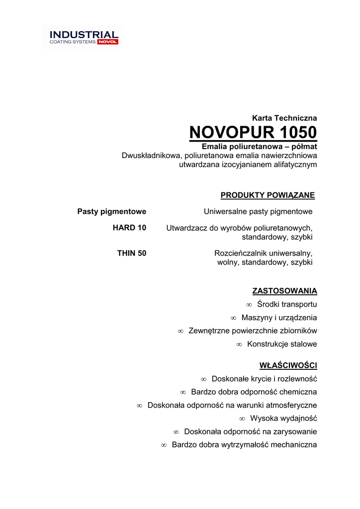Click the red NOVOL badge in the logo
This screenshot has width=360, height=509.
[107, 42]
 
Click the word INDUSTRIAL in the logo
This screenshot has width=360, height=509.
[84, 35]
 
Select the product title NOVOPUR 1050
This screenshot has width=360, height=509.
[253, 133]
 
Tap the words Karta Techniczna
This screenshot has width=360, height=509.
[284, 118]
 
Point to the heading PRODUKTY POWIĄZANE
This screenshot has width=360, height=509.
[268, 195]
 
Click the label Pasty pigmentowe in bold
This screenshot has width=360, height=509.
[112, 212]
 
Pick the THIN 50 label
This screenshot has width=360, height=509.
[132, 254]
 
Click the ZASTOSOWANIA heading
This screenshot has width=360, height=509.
[284, 291]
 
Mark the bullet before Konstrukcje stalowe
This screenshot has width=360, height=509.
[239, 344]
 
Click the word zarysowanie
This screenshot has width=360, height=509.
[294, 432]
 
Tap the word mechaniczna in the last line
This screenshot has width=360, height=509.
[294, 445]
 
